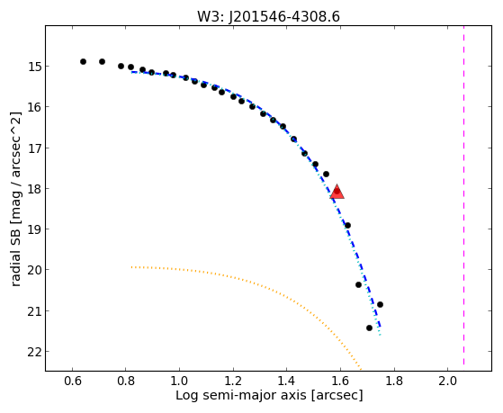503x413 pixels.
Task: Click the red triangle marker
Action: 337,193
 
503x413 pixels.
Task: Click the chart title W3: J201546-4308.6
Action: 268,17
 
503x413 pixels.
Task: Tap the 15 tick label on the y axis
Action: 34,67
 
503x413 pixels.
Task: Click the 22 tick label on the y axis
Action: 34,352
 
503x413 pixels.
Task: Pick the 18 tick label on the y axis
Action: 34,189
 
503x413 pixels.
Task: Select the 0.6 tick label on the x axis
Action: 73,381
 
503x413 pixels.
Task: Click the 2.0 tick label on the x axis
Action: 447,381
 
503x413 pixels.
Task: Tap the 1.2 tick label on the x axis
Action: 233,381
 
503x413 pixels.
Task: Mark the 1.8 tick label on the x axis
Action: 394,381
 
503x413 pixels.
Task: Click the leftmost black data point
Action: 83,61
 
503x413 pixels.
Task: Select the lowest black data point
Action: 369,328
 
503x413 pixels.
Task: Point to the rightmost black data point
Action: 380,304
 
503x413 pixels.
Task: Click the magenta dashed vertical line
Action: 464,195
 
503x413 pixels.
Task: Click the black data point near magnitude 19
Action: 347,226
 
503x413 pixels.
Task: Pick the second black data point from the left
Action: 102,61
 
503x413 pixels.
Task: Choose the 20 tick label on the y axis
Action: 34,270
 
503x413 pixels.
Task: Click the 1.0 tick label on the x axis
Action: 180,381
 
